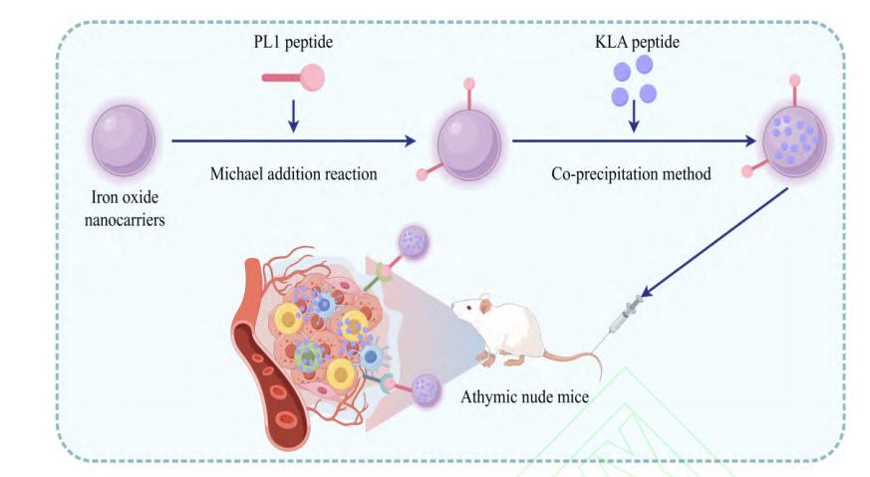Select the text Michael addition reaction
(x=293, y=173)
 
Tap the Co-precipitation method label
(x=631, y=173)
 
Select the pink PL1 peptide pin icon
(x=293, y=76)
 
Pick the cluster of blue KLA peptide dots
(x=633, y=81)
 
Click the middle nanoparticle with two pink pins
(x=469, y=141)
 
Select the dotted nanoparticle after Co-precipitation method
(x=794, y=139)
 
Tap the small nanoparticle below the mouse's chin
(x=426, y=388)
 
